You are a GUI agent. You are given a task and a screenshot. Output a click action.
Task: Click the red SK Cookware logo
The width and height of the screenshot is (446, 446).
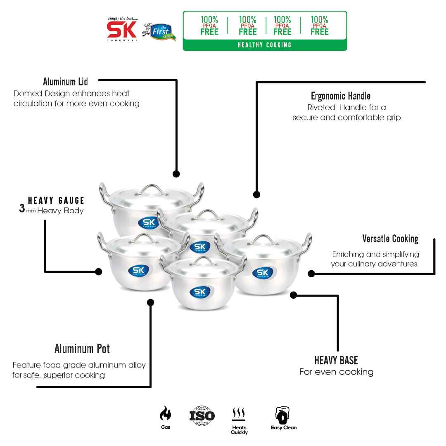(122, 30)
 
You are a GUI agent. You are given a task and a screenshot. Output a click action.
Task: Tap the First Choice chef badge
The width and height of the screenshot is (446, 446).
(160, 32)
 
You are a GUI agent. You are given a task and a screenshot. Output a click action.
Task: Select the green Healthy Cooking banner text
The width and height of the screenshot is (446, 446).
(265, 45)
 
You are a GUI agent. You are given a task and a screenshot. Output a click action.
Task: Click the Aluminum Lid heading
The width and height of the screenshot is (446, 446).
(65, 82)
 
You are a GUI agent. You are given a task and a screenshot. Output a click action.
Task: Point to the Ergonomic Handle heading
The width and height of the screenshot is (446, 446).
(341, 97)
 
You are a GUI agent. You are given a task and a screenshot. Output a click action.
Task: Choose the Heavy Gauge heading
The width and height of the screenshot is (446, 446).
(56, 201)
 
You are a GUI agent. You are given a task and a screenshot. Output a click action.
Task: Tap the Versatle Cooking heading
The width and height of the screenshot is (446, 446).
(390, 239)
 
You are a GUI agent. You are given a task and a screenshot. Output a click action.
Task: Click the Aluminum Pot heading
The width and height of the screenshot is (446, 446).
(82, 349)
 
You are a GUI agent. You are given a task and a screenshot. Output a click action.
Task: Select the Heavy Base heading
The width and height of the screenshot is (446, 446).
(336, 360)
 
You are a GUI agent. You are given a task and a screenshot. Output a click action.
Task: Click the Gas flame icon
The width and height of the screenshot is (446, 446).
(165, 413)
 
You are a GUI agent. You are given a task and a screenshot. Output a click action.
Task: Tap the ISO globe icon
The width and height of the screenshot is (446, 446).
(202, 415)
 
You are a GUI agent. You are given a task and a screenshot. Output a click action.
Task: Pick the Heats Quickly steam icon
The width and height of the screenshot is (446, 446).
(239, 414)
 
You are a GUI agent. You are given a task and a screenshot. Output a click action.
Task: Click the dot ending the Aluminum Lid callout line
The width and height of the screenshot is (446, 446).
(176, 174)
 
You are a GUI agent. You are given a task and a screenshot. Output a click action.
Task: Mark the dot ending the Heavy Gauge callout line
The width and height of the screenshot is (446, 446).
(99, 271)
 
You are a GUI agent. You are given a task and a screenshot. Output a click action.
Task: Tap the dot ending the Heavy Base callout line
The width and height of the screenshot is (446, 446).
(294, 295)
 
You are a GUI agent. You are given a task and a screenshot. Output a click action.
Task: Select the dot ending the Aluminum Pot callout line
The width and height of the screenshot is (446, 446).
(151, 302)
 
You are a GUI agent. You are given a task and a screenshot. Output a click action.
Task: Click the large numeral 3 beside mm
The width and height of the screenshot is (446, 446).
(22, 209)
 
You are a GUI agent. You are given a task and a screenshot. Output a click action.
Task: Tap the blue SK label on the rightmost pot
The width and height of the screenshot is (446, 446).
(262, 273)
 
